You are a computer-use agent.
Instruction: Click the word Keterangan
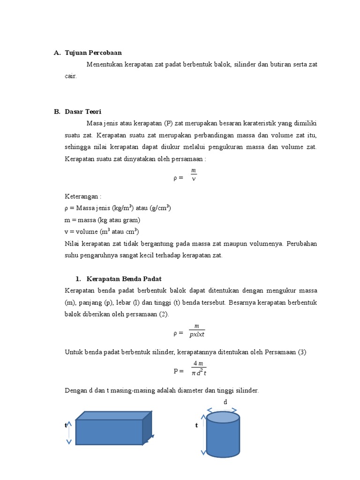[x=82, y=196]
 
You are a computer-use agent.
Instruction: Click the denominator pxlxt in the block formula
[x=197, y=334]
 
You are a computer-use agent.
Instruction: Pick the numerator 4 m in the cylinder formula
[x=198, y=364]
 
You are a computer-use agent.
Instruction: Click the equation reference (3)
[x=300, y=352]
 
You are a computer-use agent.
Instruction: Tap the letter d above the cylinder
[x=225, y=402]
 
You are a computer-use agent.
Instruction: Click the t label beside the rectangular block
[x=66, y=425]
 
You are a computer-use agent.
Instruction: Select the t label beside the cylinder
[x=196, y=425]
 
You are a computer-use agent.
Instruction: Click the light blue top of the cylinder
[x=223, y=417]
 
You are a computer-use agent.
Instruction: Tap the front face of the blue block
[x=109, y=432]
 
